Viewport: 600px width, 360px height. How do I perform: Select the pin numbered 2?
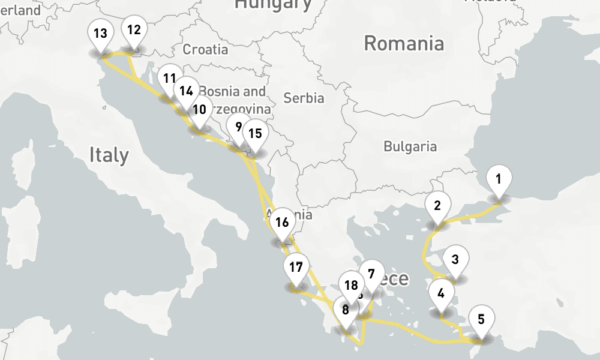pyautogui.click(x=437, y=206)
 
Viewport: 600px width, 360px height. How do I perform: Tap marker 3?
pyautogui.click(x=455, y=260)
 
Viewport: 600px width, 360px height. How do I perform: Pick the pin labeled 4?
pyautogui.click(x=442, y=294)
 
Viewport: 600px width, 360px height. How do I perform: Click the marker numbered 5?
pyautogui.click(x=481, y=319)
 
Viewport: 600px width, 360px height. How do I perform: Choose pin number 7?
pyautogui.click(x=371, y=275)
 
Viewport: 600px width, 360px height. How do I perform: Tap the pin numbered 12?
pyautogui.click(x=134, y=30)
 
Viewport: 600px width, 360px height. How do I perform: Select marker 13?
pyautogui.click(x=100, y=34)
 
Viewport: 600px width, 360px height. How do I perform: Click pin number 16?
pyautogui.click(x=282, y=223)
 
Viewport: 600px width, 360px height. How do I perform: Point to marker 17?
pyautogui.click(x=296, y=268)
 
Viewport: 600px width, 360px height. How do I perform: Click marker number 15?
pyautogui.click(x=255, y=134)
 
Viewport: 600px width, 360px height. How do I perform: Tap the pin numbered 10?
pyautogui.click(x=200, y=110)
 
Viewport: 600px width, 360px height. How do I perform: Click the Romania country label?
pyautogui.click(x=404, y=43)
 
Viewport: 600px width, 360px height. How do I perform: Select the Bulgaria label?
pyautogui.click(x=410, y=146)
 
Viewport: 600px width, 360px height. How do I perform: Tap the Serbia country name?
pyautogui.click(x=304, y=98)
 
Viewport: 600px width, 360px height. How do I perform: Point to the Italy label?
pyautogui.click(x=109, y=155)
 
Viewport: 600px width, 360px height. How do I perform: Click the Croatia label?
pyautogui.click(x=205, y=49)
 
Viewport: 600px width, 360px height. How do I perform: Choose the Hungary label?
pyautogui.click(x=273, y=5)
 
